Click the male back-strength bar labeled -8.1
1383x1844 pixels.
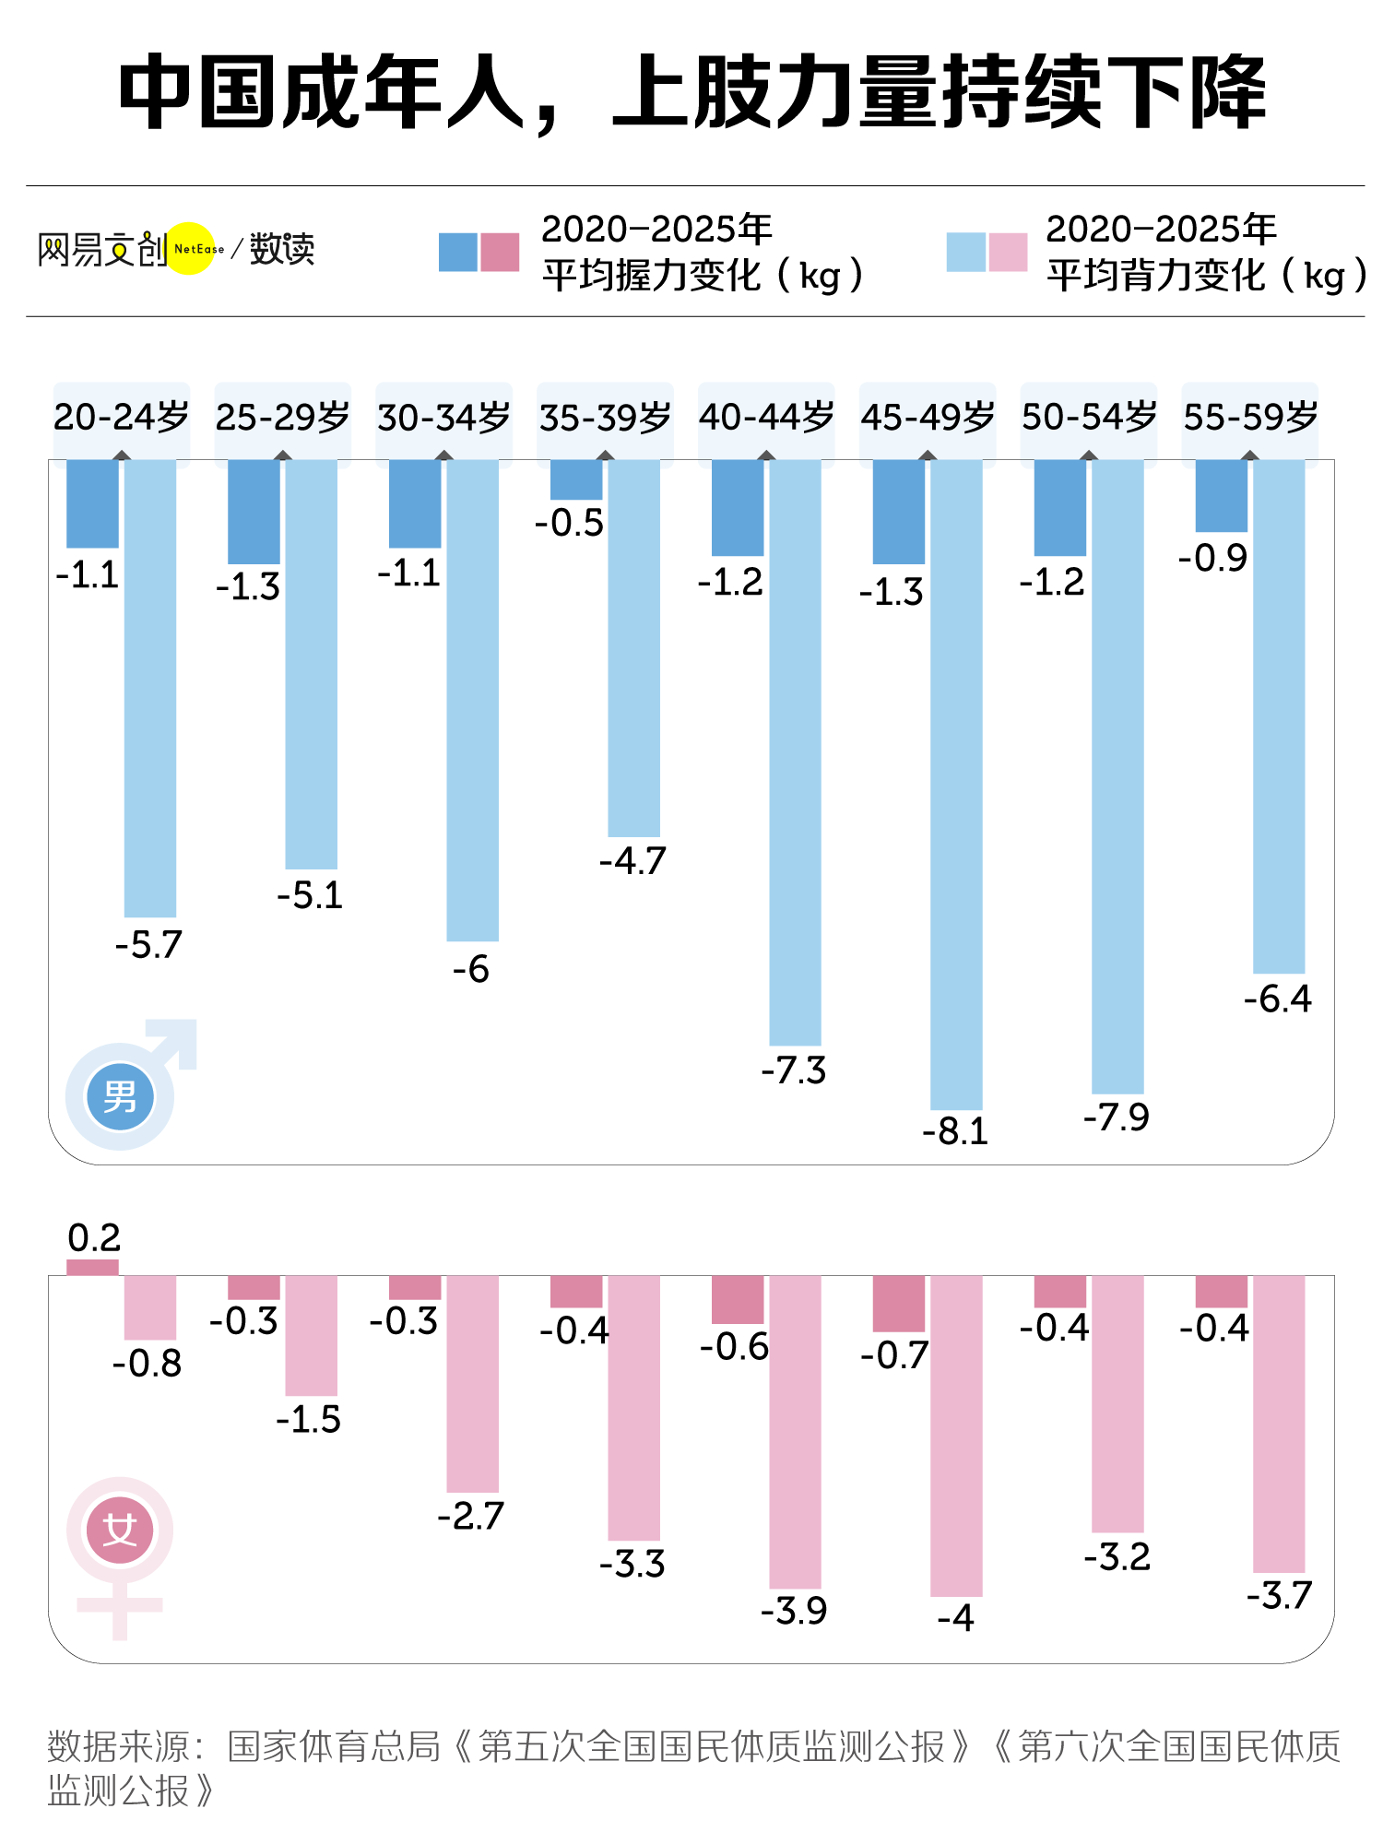coord(956,784)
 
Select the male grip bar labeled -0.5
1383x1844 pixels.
coord(576,479)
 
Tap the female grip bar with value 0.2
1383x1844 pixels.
coord(92,1267)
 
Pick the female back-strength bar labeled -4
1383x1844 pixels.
coord(956,1435)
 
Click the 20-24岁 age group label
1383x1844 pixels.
coord(121,417)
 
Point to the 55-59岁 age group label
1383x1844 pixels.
coord(1250,417)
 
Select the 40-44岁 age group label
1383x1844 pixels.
coord(766,417)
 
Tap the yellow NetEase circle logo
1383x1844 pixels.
coord(191,249)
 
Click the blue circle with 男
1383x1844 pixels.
coord(120,1096)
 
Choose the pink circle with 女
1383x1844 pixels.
coord(120,1531)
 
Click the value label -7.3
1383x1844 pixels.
coord(794,1070)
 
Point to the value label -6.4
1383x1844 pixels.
coord(1278,999)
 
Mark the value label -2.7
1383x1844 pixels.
coord(471,1516)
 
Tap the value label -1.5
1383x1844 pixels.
coord(309,1419)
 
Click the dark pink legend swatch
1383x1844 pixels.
coord(500,252)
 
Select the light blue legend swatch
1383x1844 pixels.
coord(966,252)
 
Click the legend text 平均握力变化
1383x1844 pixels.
coord(650,276)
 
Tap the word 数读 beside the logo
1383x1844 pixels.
coord(282,249)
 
